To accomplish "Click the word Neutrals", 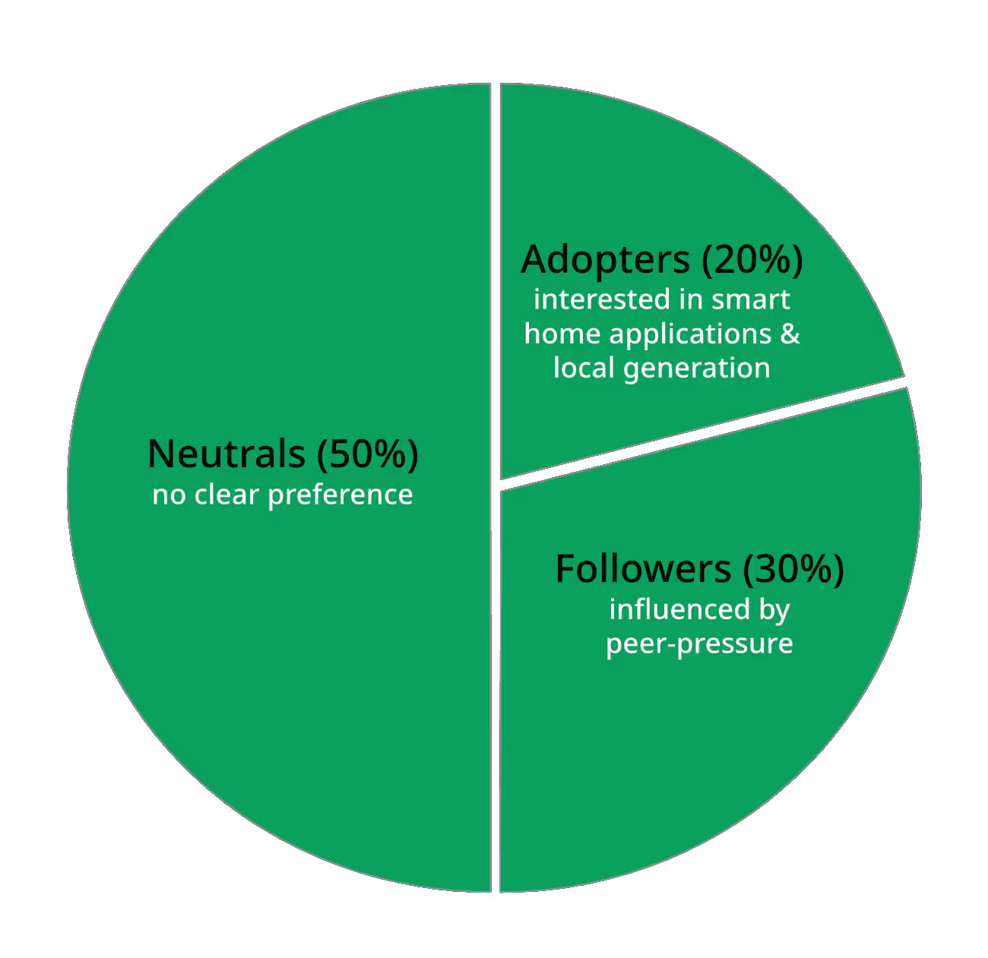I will point(226,454).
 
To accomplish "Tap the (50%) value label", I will point(367,454).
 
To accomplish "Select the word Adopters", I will point(605,261).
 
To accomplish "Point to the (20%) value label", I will point(752,261).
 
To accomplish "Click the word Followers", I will point(643,569).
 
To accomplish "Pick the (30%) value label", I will point(793,569).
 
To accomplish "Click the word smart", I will point(750,299).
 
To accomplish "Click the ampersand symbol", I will point(790,334).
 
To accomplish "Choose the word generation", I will point(696,368).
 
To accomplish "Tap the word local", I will point(584,368).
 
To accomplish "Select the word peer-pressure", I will point(699,644).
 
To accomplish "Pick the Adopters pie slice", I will point(684,175).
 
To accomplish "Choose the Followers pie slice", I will point(684,745).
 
